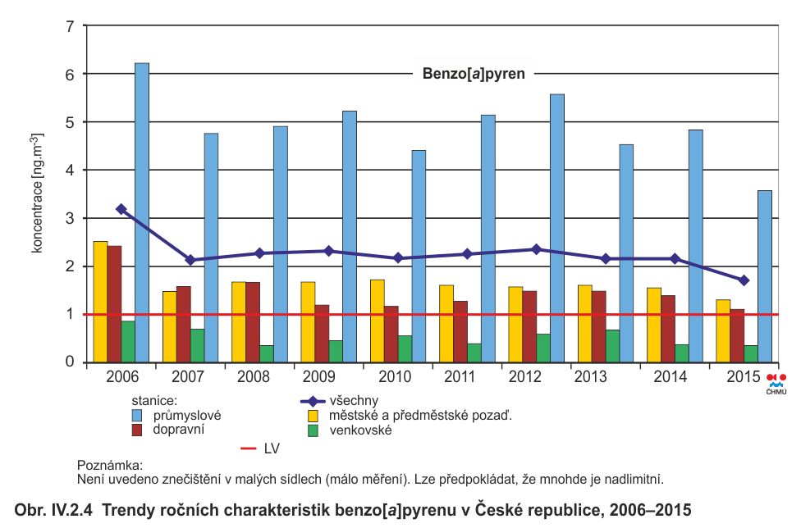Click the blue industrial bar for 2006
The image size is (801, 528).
coord(142,213)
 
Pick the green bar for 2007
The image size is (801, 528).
coord(197,345)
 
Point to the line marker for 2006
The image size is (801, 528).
coord(121,209)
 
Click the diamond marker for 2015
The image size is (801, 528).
coord(744,280)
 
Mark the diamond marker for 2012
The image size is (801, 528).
coord(536,249)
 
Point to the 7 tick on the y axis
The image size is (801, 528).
coord(70,26)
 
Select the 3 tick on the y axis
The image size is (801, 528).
coord(70,218)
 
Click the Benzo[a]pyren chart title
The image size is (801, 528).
coord(474,74)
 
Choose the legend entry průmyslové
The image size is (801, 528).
coord(187,415)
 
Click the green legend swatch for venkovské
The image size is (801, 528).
coord(312,430)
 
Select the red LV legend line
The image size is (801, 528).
coord(249,448)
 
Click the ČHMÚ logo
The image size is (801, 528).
coord(776,383)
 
